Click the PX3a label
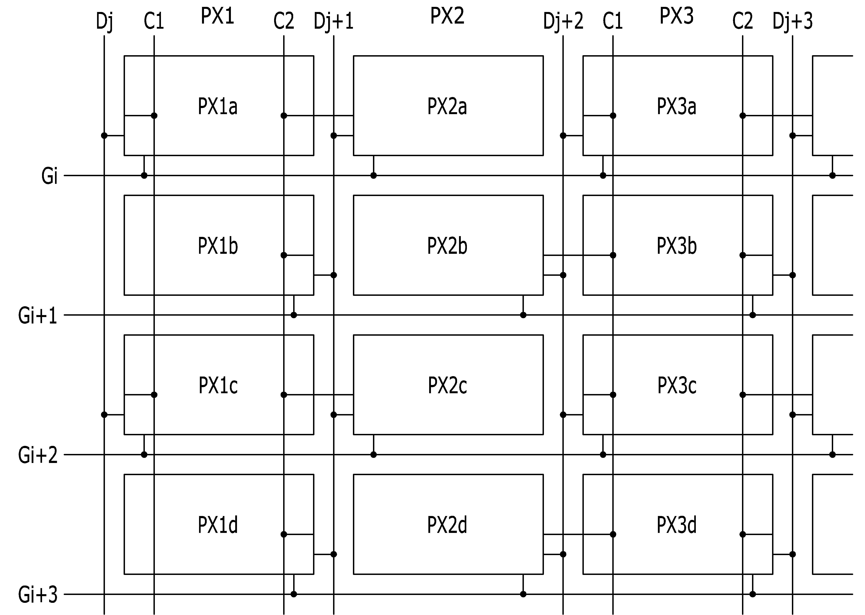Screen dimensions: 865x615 (677, 106)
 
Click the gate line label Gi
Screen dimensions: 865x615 (50, 176)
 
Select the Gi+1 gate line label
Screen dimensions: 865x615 (38, 315)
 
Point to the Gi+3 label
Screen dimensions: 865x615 (38, 595)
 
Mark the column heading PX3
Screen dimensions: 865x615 (677, 16)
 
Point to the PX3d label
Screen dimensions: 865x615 (677, 525)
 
